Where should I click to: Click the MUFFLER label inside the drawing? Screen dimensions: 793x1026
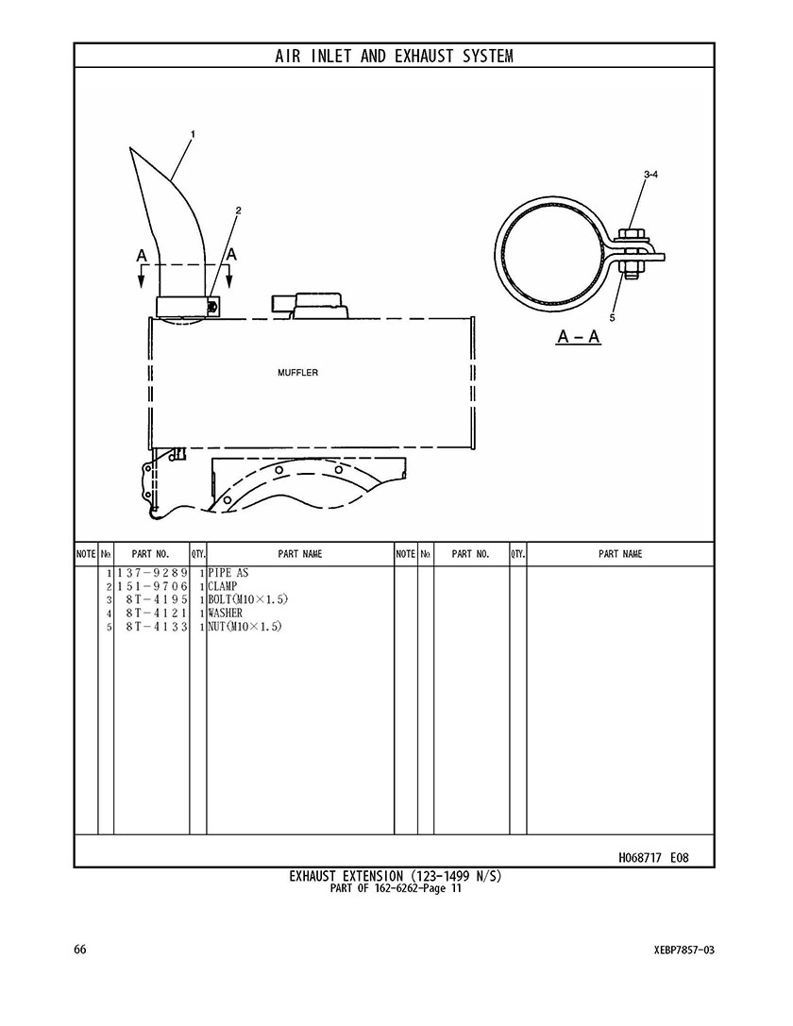click(x=297, y=373)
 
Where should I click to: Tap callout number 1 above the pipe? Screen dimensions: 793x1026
click(x=193, y=134)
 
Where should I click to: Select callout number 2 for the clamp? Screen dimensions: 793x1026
click(x=238, y=210)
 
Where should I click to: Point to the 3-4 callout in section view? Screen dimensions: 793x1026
click(x=650, y=175)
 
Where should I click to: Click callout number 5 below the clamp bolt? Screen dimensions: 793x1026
click(x=612, y=318)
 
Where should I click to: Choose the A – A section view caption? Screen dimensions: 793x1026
click(x=579, y=336)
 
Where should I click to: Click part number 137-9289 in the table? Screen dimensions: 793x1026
click(x=152, y=573)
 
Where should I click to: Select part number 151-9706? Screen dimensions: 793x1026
click(x=152, y=586)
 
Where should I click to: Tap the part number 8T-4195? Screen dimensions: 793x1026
click(x=157, y=599)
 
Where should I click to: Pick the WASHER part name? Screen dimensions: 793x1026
click(x=225, y=614)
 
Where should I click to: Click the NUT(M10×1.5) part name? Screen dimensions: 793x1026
click(x=245, y=626)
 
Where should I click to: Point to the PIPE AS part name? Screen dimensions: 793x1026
click(x=228, y=573)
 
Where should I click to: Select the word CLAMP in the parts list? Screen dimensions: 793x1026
click(x=223, y=586)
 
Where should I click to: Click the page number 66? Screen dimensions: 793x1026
click(x=80, y=950)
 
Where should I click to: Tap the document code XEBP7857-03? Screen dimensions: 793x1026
click(x=678, y=950)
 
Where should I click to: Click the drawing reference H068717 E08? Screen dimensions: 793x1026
click(x=653, y=857)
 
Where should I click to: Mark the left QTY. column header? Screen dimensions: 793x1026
click(x=198, y=554)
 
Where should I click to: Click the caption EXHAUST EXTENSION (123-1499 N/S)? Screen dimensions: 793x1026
click(x=396, y=876)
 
